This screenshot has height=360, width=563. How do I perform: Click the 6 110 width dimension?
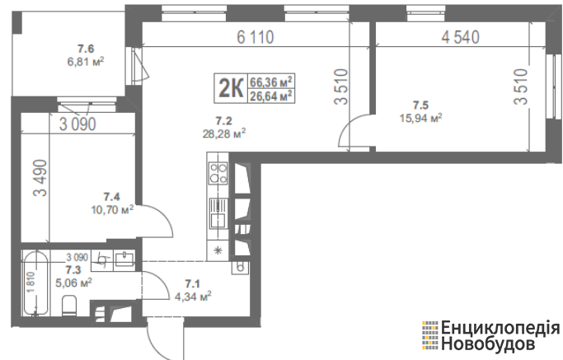click(256, 37)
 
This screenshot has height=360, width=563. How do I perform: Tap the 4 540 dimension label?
click(460, 37)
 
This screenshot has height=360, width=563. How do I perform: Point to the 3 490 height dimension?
click(40, 178)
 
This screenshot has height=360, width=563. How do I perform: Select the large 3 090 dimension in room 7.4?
click(77, 124)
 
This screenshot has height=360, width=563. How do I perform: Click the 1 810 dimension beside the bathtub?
click(31, 283)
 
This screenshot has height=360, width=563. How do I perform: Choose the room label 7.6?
click(86, 49)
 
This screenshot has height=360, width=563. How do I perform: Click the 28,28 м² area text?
click(224, 134)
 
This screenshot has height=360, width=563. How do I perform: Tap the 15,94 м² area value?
click(421, 118)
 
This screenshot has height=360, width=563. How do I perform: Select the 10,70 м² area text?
click(112, 209)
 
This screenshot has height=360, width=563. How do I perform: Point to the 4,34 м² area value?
click(192, 297)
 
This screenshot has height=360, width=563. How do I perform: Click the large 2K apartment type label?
click(231, 88)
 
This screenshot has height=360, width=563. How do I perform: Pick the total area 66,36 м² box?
click(270, 82)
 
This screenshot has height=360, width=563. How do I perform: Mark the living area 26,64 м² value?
click(270, 96)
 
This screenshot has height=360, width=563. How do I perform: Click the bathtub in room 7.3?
click(35, 283)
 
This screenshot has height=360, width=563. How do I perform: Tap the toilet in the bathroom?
click(69, 306)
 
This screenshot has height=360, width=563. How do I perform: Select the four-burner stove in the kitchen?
click(218, 173)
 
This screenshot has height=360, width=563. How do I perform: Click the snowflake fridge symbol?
click(218, 250)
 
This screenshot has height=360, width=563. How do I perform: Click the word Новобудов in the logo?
click(488, 344)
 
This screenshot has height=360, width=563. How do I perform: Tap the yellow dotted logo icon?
click(429, 335)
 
